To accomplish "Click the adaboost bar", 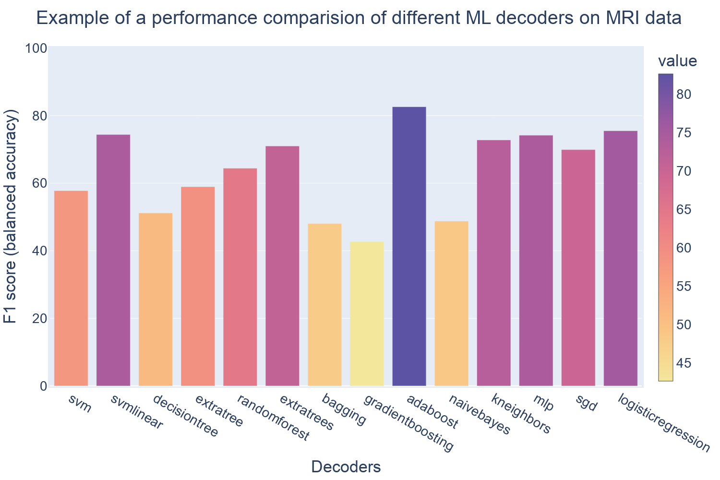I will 409,246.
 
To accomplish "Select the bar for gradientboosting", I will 367,314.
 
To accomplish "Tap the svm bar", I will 71,288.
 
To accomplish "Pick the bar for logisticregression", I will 620,258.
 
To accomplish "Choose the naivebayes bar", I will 451,303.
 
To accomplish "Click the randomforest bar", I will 240,277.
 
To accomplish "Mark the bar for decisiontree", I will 156,300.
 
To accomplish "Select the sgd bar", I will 578,268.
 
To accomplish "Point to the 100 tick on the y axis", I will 36,48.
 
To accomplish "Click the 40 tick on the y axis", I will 40,251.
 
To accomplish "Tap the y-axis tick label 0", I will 43,386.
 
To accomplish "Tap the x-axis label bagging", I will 344,409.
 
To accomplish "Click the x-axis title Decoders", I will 346,467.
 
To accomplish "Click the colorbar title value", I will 677,61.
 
